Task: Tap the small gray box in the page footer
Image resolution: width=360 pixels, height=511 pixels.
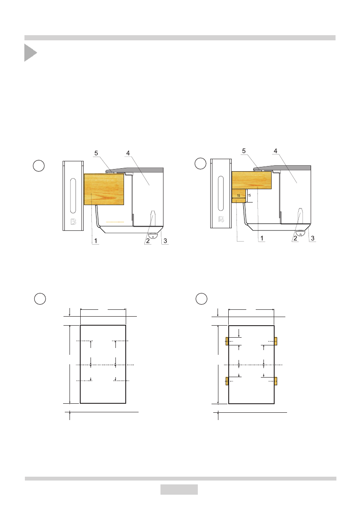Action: coord(179,489)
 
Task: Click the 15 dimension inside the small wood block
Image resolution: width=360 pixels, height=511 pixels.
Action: coord(239,196)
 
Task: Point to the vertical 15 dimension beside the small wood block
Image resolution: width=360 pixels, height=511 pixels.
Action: coord(249,196)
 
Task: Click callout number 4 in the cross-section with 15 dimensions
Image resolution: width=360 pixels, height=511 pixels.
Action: coord(275,151)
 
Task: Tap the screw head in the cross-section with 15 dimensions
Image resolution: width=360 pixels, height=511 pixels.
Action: coord(300,233)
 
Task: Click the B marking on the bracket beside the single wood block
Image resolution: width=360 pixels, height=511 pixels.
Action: coord(74,222)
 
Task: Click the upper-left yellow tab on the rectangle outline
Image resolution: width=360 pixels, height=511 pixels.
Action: coord(227,341)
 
